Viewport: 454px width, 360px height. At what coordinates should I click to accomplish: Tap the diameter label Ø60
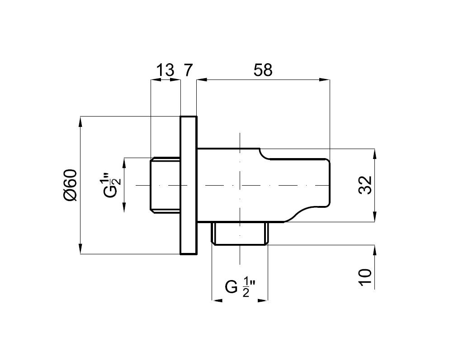71,185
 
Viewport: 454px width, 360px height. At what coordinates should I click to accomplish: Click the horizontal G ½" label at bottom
240,287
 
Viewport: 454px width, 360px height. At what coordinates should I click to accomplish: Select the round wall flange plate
189,185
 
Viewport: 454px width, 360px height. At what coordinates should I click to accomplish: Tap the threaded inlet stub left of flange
166,185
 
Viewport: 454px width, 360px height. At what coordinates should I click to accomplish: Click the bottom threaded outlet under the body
240,234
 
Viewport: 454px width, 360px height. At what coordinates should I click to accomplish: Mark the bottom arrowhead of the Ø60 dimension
80,249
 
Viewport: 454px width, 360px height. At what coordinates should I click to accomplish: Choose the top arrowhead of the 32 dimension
374,153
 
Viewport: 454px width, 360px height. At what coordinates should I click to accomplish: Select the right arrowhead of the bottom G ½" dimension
264,300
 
